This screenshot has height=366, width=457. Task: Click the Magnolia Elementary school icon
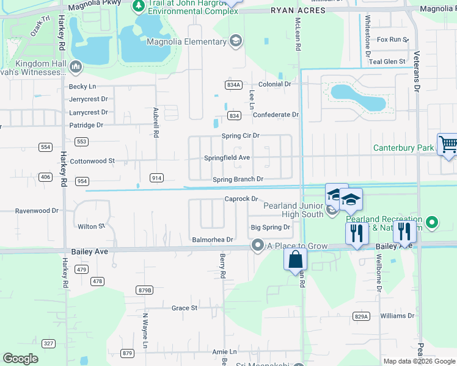[236, 41]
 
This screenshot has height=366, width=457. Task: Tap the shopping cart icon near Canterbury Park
[448, 145]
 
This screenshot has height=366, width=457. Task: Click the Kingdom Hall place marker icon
[76, 65]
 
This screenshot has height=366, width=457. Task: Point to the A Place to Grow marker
[258, 245]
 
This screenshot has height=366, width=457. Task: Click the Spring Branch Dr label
[238, 179]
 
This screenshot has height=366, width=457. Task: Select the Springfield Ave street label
[227, 157]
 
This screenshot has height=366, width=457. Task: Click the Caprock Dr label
[243, 199]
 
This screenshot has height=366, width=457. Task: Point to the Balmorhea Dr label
[212, 240]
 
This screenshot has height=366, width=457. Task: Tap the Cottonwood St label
[92, 161]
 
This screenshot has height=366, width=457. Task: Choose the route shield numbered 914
[156, 178]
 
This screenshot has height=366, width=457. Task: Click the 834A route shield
[233, 85]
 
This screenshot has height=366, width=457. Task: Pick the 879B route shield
[145, 290]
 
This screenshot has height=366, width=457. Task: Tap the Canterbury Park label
[403, 148]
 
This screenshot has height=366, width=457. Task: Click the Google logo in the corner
[20, 359]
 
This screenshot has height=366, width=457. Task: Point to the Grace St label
[184, 308]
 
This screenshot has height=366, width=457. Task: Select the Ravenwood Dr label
[37, 211]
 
